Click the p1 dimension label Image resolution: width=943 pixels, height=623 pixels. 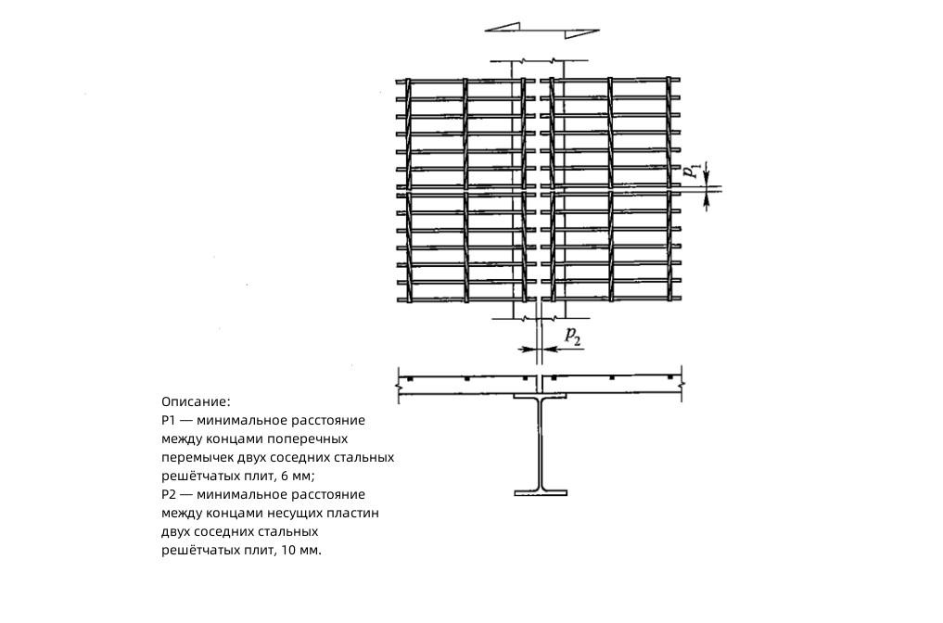693,171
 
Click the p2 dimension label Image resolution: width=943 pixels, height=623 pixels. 573,337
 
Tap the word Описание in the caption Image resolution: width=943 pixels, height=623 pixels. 194,401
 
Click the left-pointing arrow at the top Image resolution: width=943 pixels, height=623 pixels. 503,27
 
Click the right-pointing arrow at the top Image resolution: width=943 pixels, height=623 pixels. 581,33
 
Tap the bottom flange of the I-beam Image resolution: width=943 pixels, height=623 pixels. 541,493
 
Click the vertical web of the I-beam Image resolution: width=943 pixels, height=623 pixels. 541,444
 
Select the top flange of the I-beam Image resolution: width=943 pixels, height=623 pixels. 541,396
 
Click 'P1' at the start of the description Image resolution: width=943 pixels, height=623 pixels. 168,420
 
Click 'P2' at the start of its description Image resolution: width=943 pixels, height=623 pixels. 169,495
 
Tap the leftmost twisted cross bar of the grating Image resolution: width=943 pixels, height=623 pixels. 408,190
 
